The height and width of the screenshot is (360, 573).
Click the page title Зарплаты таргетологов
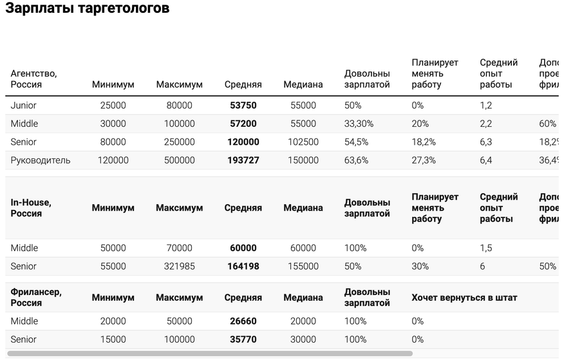(x=88, y=8)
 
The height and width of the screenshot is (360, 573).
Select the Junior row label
(x=24, y=105)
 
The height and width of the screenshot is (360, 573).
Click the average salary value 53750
(x=243, y=105)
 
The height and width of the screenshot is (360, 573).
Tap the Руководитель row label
(x=41, y=160)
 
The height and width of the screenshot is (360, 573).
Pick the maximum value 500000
(x=175, y=160)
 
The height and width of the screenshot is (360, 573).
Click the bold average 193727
(x=243, y=160)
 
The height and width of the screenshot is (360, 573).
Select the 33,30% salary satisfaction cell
(x=360, y=124)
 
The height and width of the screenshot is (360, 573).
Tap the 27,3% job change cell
(x=424, y=160)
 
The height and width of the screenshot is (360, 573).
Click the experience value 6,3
(x=486, y=142)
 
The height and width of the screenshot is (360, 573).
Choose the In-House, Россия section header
(x=31, y=207)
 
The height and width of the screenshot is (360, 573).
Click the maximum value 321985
(x=175, y=266)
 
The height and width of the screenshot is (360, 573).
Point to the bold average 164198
(x=243, y=266)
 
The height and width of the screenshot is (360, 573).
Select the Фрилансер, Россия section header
(x=36, y=297)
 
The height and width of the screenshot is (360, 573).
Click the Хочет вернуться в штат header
(x=464, y=298)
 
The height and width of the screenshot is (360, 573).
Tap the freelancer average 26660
(x=243, y=321)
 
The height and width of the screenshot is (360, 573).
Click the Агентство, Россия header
(x=33, y=79)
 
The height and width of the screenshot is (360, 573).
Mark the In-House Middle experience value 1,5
(x=486, y=248)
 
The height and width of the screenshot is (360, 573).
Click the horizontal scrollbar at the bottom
(x=209, y=354)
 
